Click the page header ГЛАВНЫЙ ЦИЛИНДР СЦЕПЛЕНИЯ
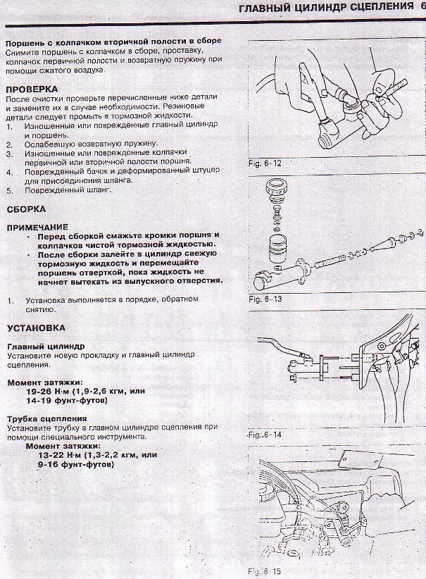(326, 7)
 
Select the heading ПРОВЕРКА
(31, 89)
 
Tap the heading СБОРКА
(26, 209)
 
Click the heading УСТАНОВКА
(36, 328)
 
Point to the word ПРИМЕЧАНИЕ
(37, 227)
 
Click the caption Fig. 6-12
(265, 163)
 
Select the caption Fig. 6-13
(265, 299)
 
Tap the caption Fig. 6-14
(265, 435)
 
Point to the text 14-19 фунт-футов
(66, 400)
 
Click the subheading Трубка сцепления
(39, 418)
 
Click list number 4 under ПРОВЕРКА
(10, 171)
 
